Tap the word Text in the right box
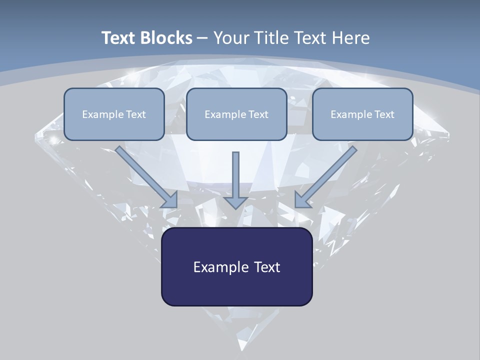[x=384, y=114]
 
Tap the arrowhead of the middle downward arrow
[x=236, y=202]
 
